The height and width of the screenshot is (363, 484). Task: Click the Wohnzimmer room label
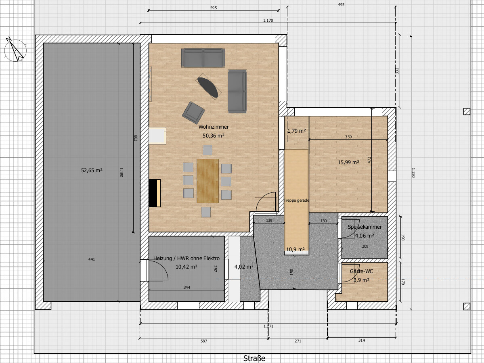coord(214,127)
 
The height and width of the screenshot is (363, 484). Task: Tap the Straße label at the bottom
coord(254,358)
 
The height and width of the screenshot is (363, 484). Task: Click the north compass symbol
coord(15,50)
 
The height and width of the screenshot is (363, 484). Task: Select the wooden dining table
coord(207,181)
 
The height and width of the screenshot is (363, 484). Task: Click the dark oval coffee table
coord(208,87)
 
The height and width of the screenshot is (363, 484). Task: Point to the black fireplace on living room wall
coord(155,193)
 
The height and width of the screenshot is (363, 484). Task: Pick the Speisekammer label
coord(365,227)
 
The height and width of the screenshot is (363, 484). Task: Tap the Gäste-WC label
coord(361,271)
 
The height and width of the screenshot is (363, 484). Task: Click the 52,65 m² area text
coord(92,170)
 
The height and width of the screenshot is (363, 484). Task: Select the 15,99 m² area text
coord(348,162)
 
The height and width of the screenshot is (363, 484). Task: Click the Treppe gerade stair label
coord(296,200)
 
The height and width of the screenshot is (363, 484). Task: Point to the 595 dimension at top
coord(214,8)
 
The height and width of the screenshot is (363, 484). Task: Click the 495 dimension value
coord(341,4)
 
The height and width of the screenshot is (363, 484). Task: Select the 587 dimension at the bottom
coord(204,341)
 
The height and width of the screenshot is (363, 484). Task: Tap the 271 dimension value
coord(298,341)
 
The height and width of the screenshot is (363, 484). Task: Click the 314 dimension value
coord(361,340)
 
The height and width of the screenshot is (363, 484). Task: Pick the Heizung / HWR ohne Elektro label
coord(186,259)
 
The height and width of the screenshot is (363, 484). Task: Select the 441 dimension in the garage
coord(92,259)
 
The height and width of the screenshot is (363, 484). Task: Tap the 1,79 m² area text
coord(297,131)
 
